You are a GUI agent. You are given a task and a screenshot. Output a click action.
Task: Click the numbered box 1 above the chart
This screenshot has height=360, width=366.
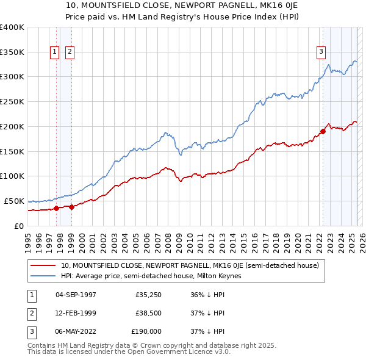click(x=55, y=52)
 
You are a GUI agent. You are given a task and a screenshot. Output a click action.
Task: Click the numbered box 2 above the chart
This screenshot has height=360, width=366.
click(x=70, y=52)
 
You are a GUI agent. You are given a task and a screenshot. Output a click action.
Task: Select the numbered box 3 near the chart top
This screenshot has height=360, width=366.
click(x=321, y=52)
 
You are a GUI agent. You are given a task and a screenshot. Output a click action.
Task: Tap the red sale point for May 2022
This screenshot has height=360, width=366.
click(x=323, y=131)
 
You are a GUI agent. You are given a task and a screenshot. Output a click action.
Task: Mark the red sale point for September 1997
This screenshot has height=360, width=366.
click(x=57, y=208)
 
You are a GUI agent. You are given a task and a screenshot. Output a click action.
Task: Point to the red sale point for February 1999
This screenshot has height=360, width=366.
click(x=71, y=206)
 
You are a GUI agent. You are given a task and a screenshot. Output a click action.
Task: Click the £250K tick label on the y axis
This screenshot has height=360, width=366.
click(x=12, y=101)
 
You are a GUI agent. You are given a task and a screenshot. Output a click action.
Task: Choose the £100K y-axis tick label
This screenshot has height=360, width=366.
click(x=12, y=176)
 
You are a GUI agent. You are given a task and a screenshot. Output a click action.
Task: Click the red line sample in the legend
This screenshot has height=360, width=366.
click(x=43, y=265)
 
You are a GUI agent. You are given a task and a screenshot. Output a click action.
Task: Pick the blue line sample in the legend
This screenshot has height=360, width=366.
click(x=43, y=276)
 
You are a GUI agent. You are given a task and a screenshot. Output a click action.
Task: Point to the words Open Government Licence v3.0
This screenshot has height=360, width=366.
click(x=177, y=352)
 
